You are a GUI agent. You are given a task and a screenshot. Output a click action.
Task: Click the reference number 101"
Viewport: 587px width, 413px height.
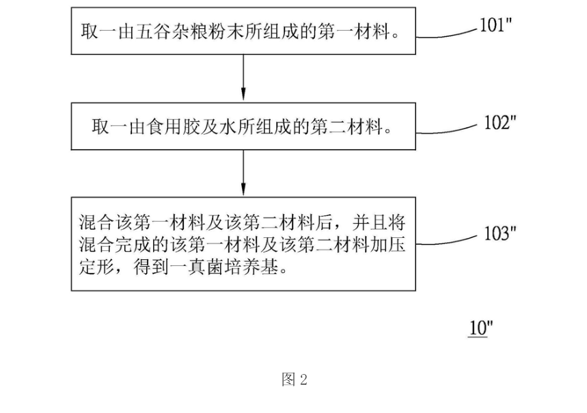click(495, 25)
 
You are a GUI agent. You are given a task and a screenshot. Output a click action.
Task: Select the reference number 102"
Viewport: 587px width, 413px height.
click(500, 122)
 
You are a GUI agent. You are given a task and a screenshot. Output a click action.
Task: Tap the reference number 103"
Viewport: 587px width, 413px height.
click(500, 233)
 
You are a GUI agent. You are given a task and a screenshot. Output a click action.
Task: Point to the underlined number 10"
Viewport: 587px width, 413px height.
click(480, 328)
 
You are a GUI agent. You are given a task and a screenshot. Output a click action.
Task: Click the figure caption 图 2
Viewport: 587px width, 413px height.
click(295, 379)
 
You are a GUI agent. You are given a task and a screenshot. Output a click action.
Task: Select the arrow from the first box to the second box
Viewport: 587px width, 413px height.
click(243, 77)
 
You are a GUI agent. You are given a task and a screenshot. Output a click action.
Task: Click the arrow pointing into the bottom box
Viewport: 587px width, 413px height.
click(243, 173)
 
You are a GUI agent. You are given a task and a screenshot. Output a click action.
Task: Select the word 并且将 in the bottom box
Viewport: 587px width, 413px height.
click(379, 222)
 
